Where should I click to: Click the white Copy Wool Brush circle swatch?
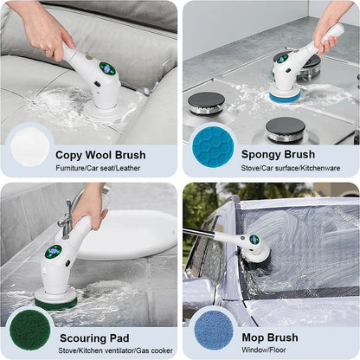29,146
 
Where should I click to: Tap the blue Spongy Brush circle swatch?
212,146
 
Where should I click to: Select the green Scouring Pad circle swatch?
29,329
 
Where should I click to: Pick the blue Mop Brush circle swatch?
213,329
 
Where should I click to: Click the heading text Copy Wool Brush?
100,155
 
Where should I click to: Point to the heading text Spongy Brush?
278,155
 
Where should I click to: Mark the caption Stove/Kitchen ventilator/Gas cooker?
107,351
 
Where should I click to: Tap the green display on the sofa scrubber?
106,68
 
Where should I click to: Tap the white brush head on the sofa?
101,111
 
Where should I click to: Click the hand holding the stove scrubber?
330,26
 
